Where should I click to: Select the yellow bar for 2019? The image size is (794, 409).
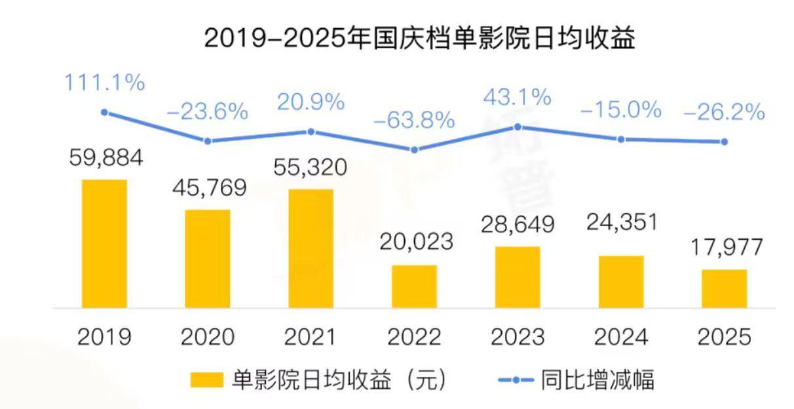[x=104, y=243]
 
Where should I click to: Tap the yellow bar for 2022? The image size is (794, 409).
[x=414, y=286]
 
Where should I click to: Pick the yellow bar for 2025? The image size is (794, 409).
[x=724, y=288]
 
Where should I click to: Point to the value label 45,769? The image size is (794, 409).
[x=208, y=189]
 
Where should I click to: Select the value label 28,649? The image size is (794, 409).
[x=518, y=225]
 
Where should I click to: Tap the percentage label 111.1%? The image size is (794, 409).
[x=104, y=83]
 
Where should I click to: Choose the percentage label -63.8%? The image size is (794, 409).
[x=414, y=121]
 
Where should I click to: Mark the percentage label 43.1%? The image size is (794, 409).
[x=518, y=98]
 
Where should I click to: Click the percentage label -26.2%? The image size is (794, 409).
[x=724, y=112]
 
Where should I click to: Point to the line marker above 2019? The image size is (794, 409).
[x=104, y=112]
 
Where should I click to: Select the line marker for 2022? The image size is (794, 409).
[x=414, y=149]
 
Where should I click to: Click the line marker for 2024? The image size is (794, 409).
[x=621, y=139]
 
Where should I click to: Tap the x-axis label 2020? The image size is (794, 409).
[x=208, y=337]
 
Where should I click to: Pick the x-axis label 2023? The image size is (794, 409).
[x=518, y=337]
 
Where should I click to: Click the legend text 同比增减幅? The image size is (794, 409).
[x=597, y=380]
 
